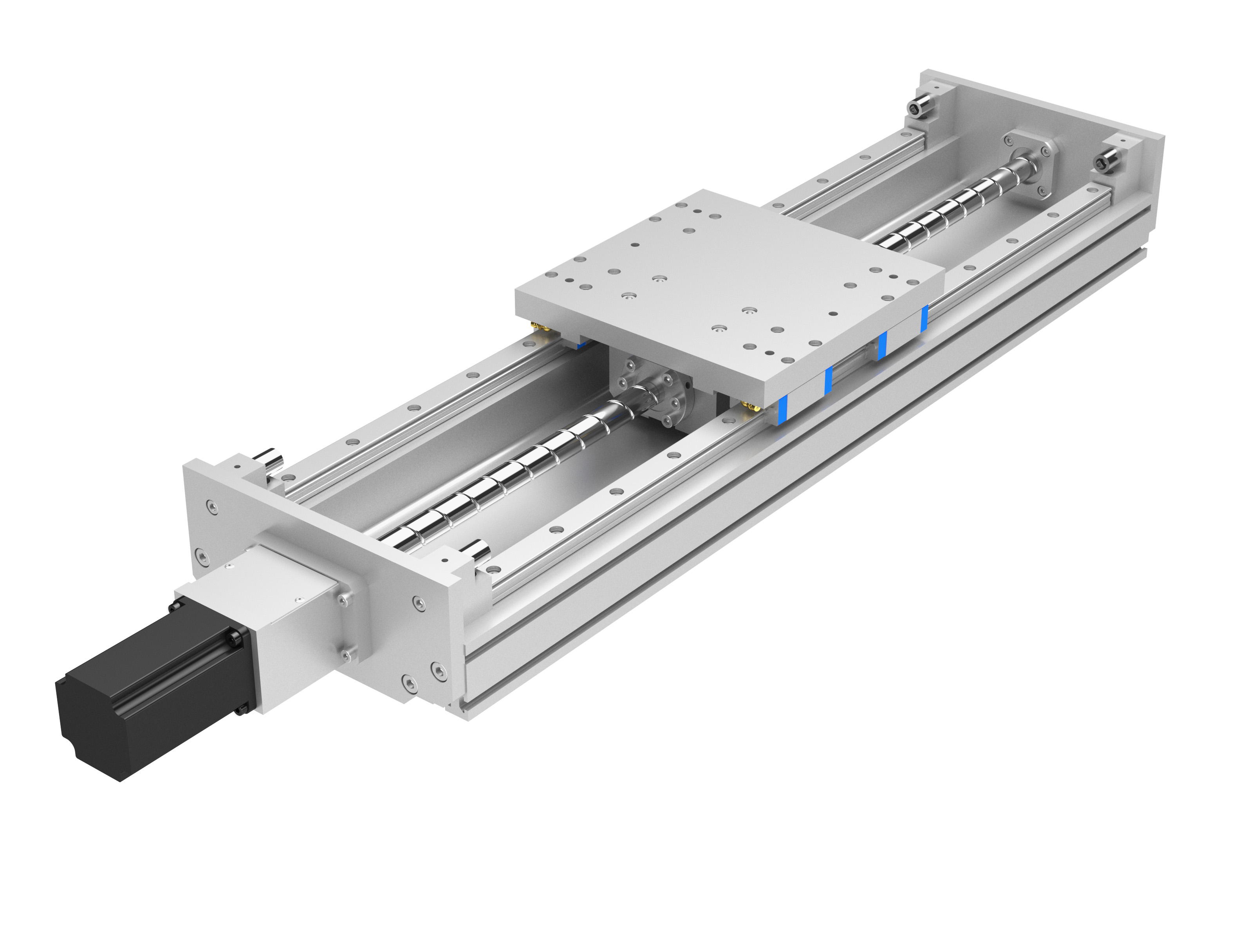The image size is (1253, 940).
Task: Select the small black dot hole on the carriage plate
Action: [832, 313]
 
